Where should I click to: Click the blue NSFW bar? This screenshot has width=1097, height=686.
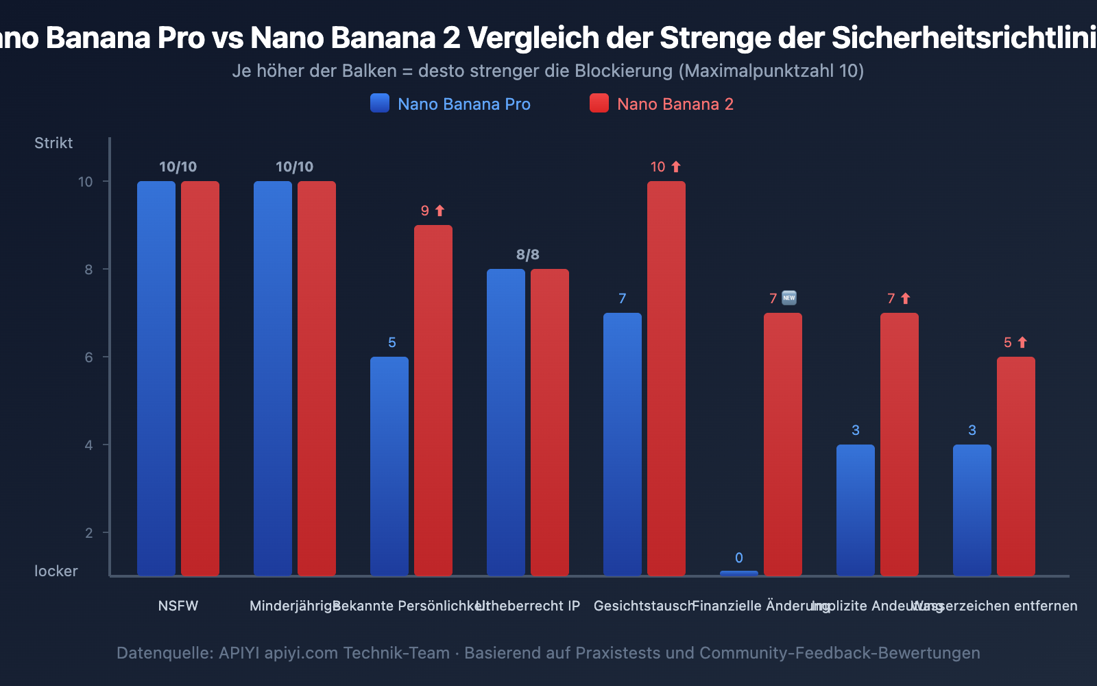(156, 377)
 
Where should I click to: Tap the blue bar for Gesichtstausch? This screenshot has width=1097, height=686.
(623, 443)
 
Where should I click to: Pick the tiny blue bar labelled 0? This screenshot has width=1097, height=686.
(739, 573)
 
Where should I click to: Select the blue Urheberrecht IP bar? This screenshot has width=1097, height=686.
(506, 421)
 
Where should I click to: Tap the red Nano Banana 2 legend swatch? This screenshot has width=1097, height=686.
(599, 104)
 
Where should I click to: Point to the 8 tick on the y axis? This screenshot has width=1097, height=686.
(88, 270)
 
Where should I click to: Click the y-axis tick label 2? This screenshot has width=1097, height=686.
(88, 533)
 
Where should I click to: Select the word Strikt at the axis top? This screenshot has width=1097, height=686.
(53, 143)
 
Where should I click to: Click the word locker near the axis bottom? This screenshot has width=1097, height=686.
(56, 571)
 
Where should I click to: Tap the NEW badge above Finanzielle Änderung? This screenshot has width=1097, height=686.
(789, 298)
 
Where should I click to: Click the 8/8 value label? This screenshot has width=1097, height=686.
(528, 255)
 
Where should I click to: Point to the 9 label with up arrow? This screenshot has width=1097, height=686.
(433, 211)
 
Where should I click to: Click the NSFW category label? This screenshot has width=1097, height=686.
(178, 606)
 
